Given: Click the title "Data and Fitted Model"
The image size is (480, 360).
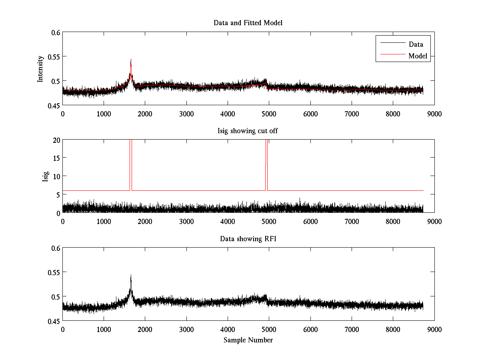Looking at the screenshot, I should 248,23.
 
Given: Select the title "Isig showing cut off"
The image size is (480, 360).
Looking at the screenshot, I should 248,131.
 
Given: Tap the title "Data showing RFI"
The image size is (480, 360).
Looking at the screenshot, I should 248,239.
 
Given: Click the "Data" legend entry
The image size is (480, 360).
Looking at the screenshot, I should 416,44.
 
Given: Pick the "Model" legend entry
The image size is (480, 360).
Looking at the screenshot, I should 418,56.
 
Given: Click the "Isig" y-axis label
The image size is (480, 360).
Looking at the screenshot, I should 45,176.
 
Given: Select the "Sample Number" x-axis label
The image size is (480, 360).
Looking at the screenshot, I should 248,340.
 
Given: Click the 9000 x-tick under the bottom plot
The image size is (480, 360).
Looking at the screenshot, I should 434,329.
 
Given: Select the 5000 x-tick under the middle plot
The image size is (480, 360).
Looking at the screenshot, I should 269,221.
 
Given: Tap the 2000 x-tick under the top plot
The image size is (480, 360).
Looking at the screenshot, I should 145,114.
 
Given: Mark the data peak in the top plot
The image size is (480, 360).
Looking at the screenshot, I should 131,60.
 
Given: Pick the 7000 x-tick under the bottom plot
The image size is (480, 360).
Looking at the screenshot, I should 352,329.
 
